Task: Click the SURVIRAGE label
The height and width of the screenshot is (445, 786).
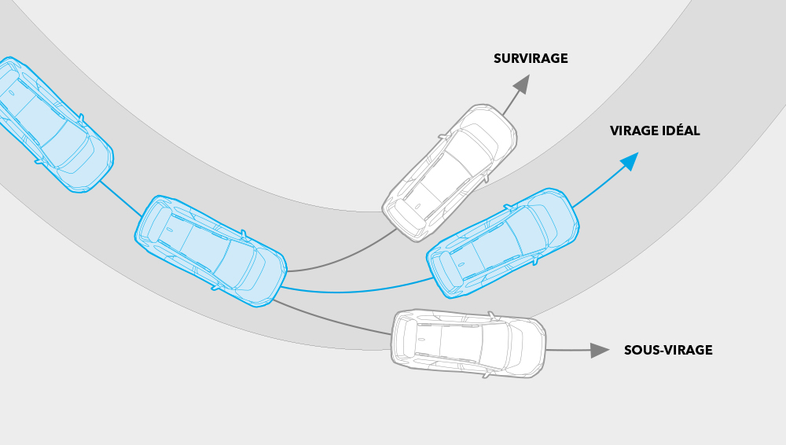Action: coord(531,59)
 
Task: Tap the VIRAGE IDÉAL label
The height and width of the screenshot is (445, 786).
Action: coord(655,131)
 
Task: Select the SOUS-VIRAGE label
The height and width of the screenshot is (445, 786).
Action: coord(668,350)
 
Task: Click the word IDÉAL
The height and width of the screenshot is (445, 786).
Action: coord(681,131)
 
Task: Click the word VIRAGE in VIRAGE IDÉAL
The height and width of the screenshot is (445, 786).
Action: coord(634,131)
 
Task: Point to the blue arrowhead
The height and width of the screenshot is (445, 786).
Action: coord(630,161)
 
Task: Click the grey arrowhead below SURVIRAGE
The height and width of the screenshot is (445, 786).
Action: coord(522,83)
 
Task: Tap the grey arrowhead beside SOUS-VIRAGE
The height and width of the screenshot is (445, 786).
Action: coord(600,350)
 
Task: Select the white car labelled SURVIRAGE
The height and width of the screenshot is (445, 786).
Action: coord(449,173)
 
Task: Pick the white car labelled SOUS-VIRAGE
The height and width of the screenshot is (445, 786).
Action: coord(468,344)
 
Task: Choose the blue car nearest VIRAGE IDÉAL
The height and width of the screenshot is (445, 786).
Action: coord(503,243)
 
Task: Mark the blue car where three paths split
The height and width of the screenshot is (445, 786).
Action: coord(211,251)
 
